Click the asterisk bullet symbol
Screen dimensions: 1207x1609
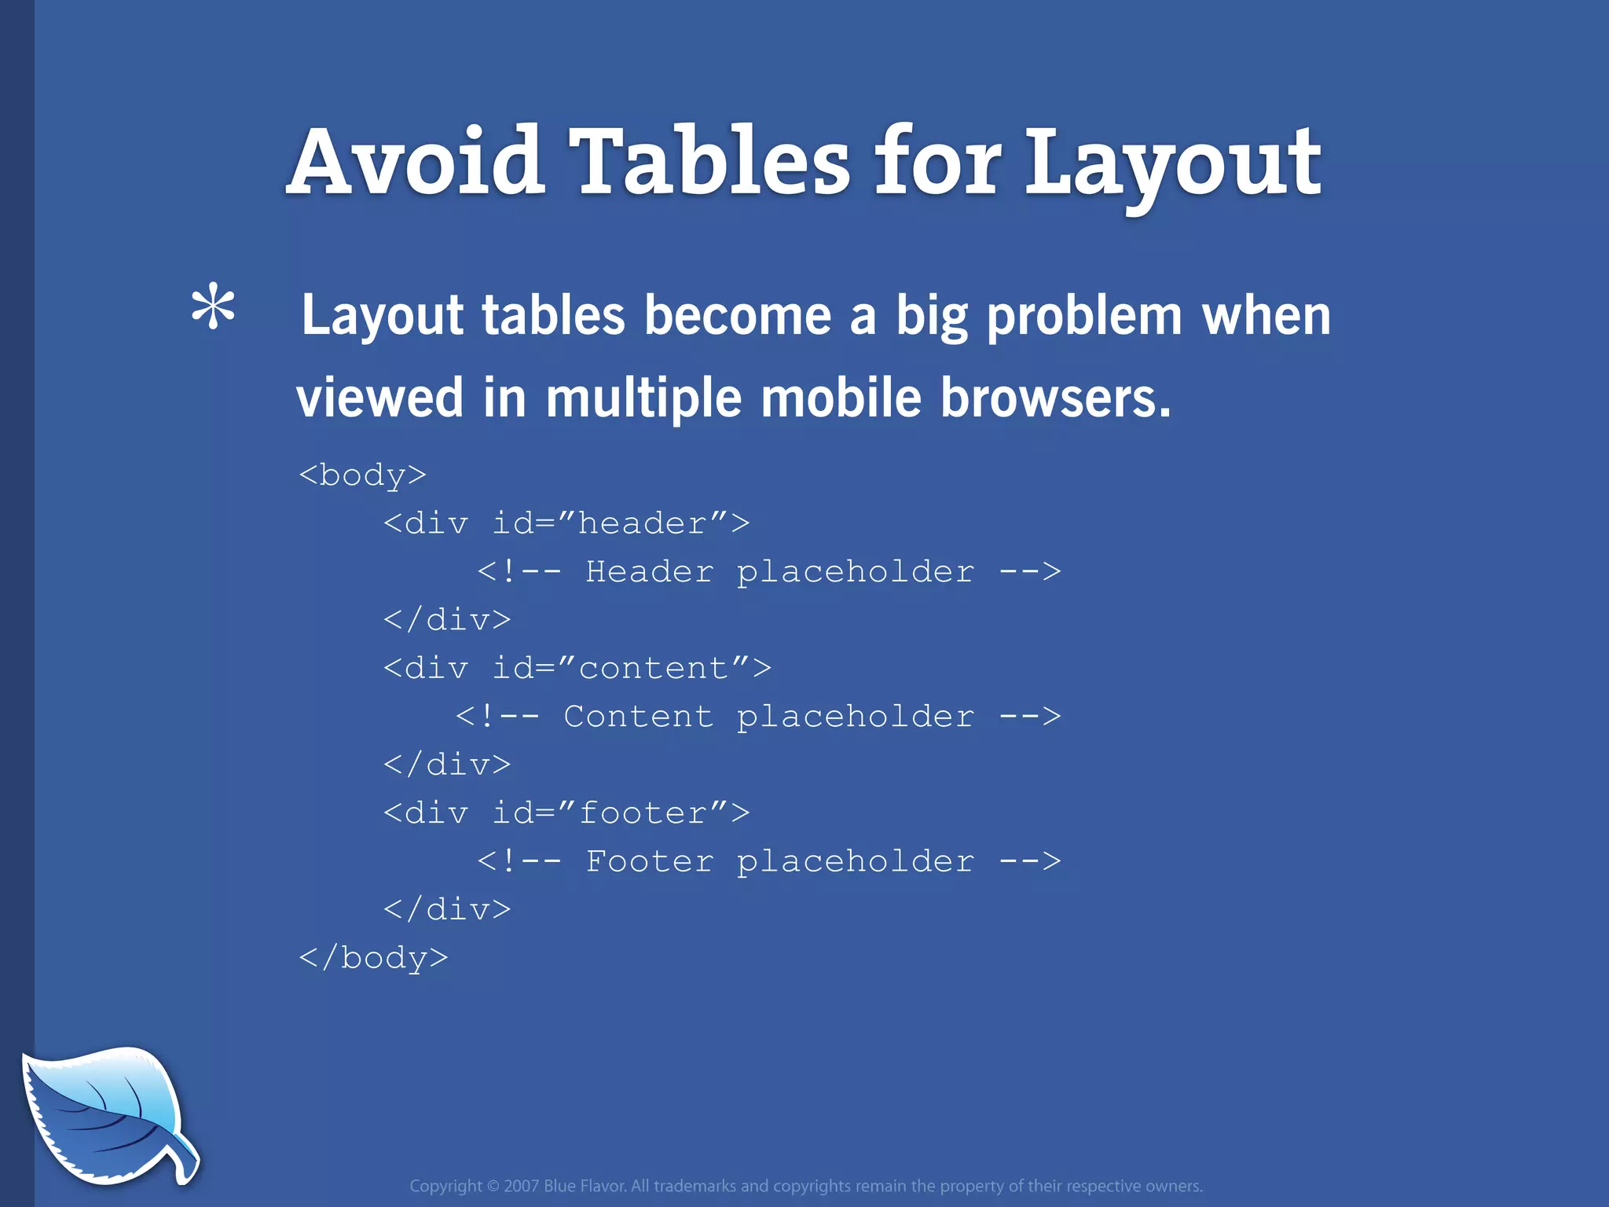click(x=213, y=309)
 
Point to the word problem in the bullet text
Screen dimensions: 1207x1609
click(x=1084, y=317)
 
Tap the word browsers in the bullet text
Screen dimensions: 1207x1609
click(x=1055, y=398)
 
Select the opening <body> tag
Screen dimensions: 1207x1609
click(x=362, y=475)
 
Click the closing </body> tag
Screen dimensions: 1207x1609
click(x=373, y=958)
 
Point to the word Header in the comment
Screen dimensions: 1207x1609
click(x=649, y=571)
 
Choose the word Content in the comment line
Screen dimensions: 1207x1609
click(x=638, y=716)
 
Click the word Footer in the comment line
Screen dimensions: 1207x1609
click(x=649, y=861)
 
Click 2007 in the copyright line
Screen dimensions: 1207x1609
click(x=521, y=1186)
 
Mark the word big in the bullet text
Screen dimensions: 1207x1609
click(x=932, y=317)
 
